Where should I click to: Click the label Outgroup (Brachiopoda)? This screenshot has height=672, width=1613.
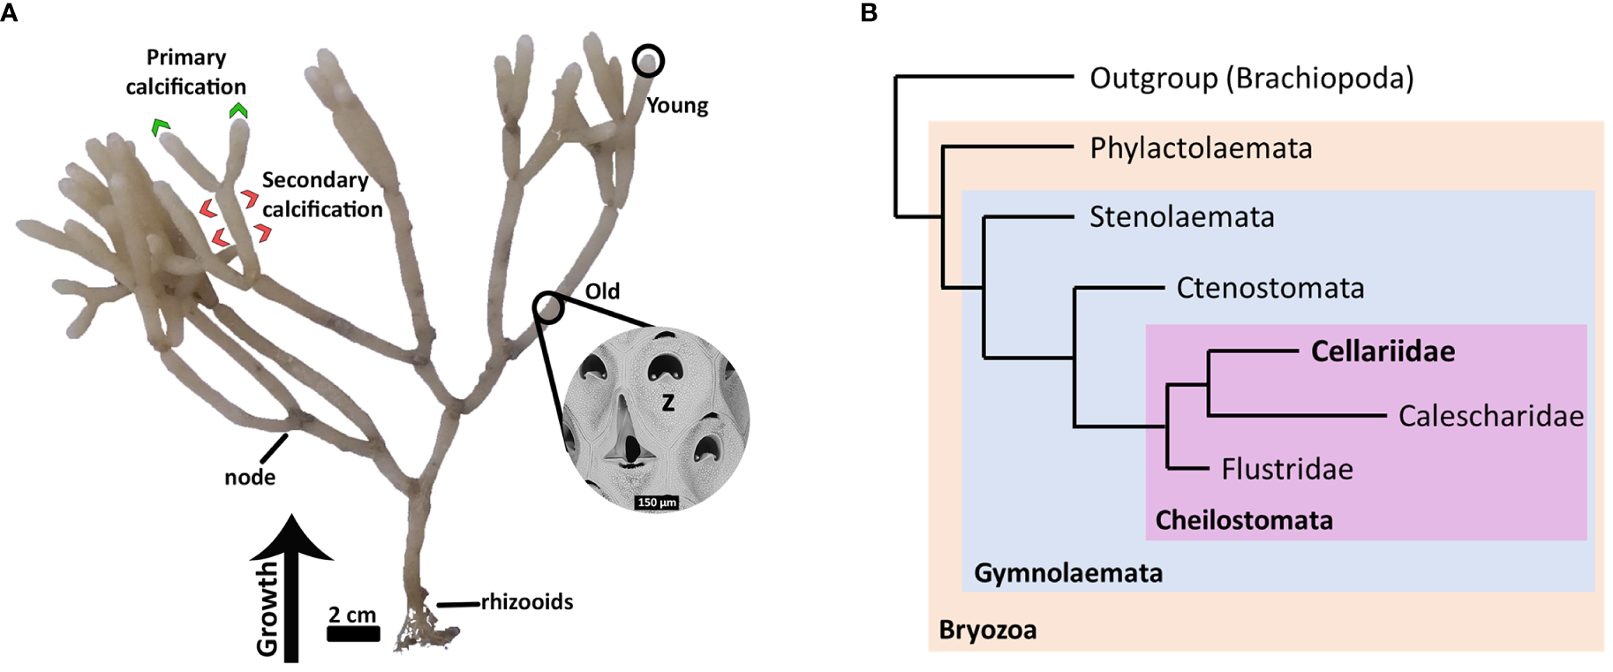[x=1251, y=79]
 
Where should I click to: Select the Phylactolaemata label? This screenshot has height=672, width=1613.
[x=1201, y=148]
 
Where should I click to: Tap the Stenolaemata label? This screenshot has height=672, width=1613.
[x=1181, y=217]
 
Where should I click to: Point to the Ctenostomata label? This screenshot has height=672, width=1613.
[x=1270, y=288]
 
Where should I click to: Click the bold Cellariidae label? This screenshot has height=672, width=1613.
[x=1383, y=351]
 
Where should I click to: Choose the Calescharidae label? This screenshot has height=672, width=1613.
[x=1490, y=416]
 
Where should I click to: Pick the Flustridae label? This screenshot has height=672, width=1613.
[x=1286, y=469]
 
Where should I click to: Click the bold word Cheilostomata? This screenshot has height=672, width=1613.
[x=1243, y=520]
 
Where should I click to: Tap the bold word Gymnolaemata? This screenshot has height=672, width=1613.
[x=1067, y=573]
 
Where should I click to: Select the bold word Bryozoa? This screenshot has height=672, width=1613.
[x=987, y=630]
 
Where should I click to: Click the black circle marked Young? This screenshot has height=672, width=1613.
[x=648, y=60]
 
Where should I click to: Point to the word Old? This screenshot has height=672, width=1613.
[x=602, y=291]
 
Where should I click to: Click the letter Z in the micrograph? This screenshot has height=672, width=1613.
[x=667, y=404]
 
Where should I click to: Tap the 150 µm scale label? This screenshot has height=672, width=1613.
[x=657, y=502]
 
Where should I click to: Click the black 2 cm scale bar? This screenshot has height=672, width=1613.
[x=353, y=633]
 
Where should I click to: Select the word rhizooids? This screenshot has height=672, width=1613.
[x=526, y=602]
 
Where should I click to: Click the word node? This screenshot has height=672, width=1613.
[x=250, y=478]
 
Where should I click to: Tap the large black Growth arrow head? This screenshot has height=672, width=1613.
[x=291, y=538]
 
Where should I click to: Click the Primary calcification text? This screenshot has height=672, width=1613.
[x=185, y=72]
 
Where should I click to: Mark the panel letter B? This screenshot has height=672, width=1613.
[x=868, y=12]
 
